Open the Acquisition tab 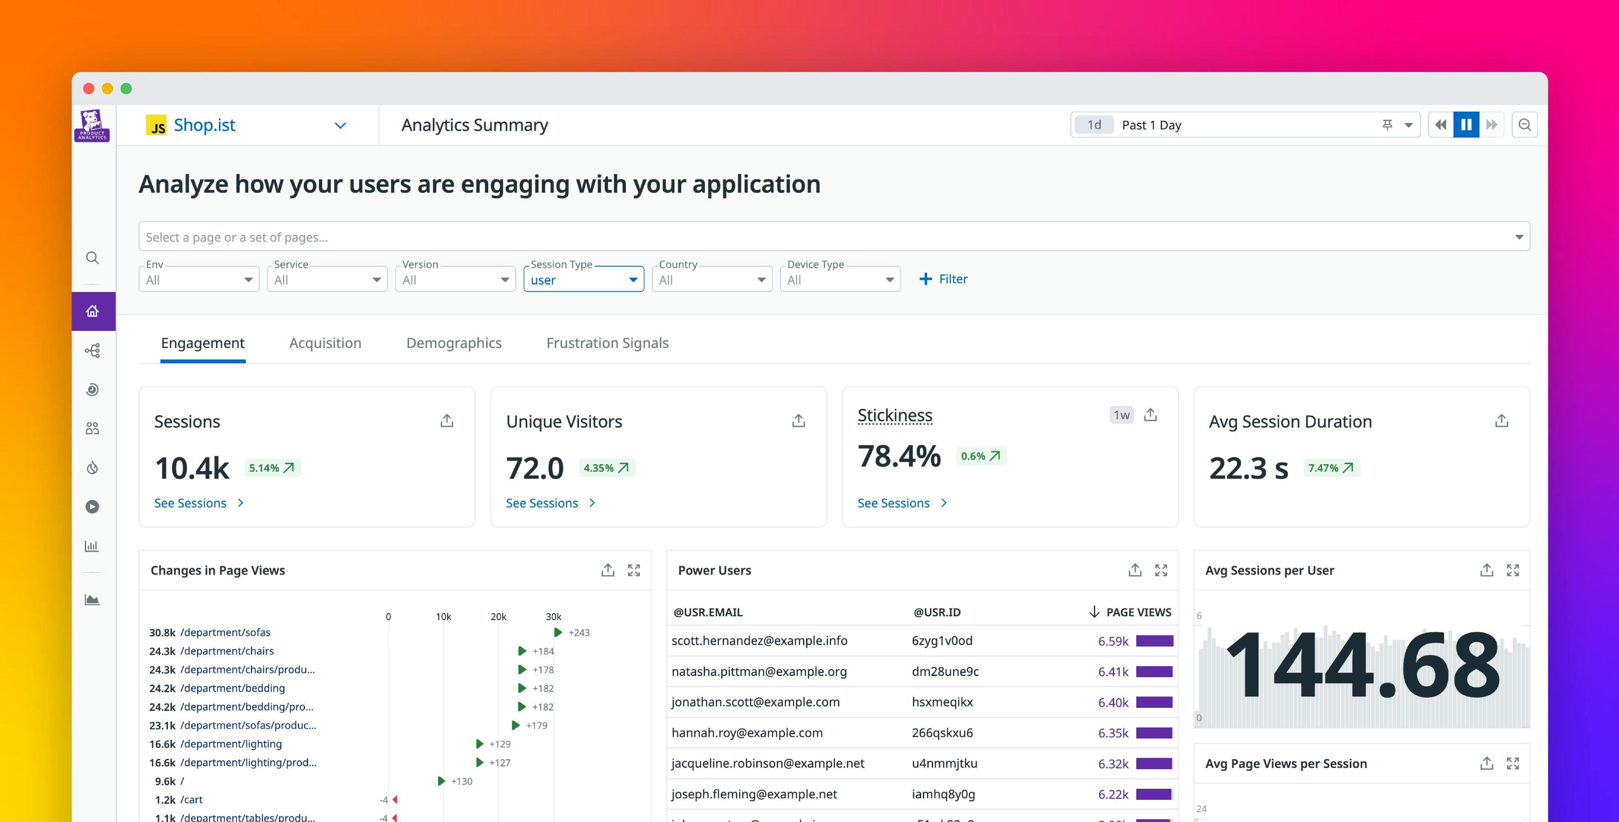[325, 343]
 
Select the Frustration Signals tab [607, 343]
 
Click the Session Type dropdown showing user [583, 280]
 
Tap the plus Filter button [943, 279]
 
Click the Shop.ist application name [204, 125]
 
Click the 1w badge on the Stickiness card [1121, 415]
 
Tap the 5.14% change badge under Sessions [271, 468]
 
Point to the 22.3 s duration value [1248, 468]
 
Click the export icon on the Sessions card [447, 420]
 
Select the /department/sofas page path [225, 632]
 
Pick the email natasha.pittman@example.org [759, 672]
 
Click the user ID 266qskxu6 [942, 733]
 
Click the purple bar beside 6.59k [1155, 641]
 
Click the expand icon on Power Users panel [1161, 570]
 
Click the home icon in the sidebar [92, 311]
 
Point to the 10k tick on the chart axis [443, 617]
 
